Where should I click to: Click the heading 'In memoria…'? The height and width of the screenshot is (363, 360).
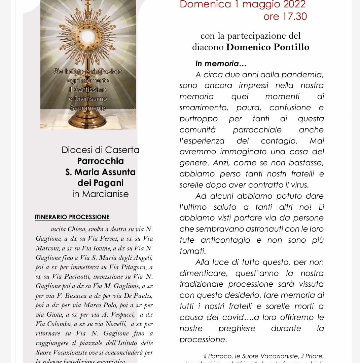click(221, 64)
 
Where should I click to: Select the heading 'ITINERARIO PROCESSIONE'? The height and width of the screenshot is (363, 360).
click(72, 217)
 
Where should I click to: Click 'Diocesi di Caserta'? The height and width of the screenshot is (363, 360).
click(100, 150)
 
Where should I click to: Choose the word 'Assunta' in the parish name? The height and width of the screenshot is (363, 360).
click(119, 172)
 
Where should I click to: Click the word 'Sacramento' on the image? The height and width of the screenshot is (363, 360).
click(88, 108)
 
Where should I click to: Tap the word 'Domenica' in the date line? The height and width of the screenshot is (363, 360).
click(205, 4)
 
